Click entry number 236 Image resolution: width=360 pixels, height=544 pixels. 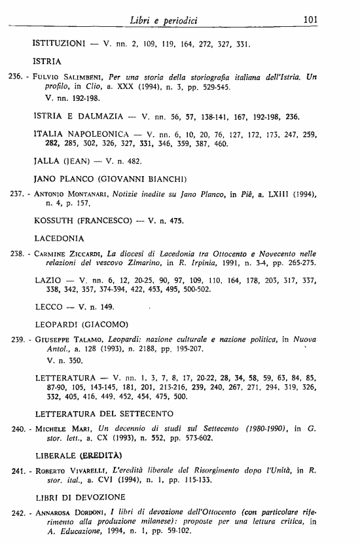click(x=14, y=77)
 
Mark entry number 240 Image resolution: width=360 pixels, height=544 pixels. click(x=14, y=429)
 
